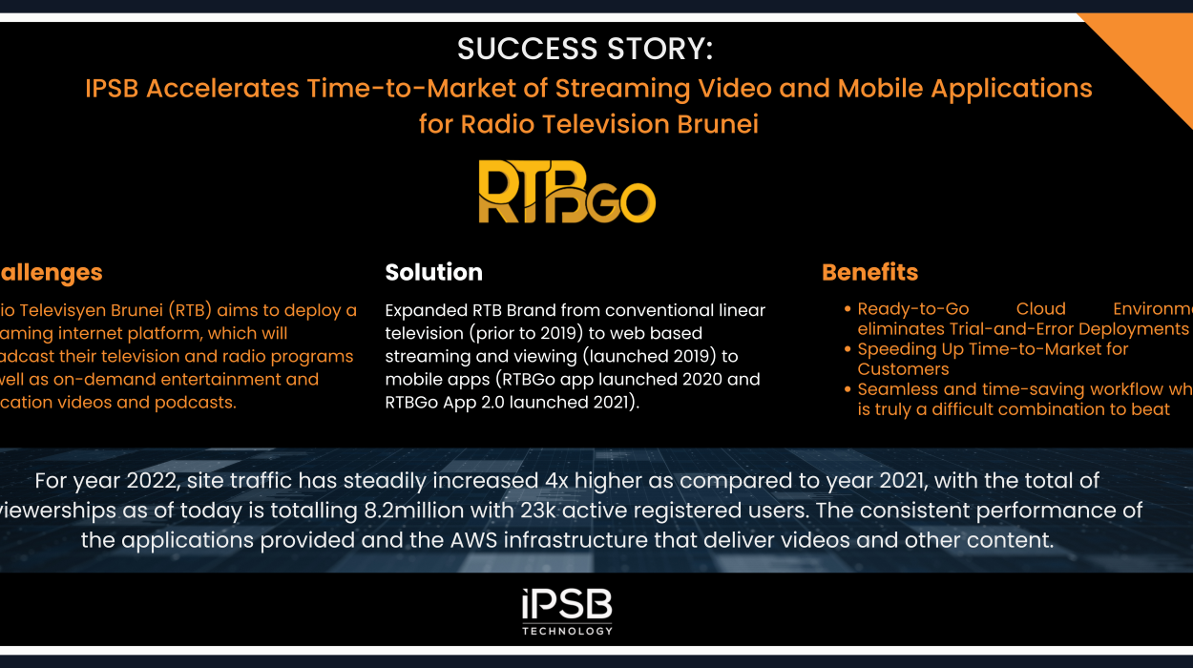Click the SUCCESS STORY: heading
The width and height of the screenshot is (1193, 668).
[585, 49]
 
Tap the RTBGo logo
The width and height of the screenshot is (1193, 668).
[566, 192]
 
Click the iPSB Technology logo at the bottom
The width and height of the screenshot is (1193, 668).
[567, 612]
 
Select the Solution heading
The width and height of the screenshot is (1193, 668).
[433, 272]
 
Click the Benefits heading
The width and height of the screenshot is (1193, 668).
[869, 272]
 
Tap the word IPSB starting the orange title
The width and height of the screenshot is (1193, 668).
[112, 89]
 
